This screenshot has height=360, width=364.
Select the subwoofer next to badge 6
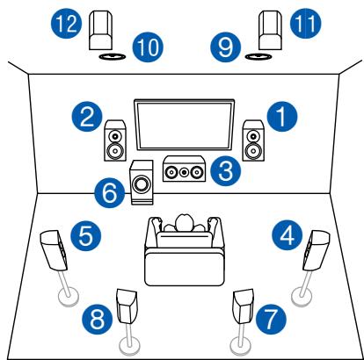pyautogui.click(x=140, y=183)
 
